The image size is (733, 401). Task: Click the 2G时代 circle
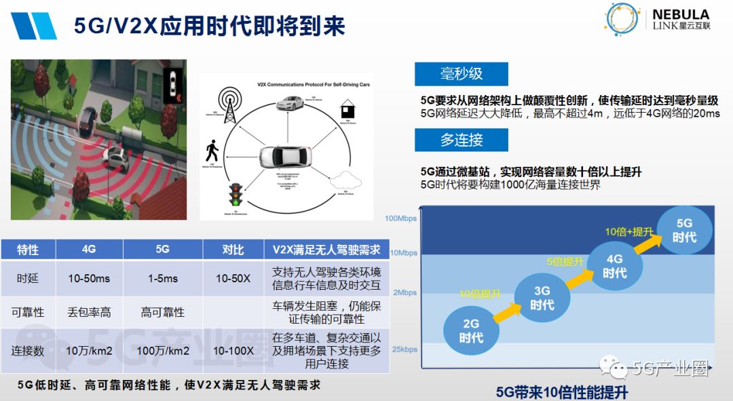coord(471,330)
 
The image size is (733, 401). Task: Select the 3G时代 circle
coord(542,298)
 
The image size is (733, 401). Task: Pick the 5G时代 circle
coord(684,230)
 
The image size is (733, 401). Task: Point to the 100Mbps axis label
coord(401,218)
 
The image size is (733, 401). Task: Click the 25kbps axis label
coord(404,349)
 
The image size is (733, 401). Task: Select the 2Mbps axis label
coord(405,292)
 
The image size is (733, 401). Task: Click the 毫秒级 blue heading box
coord(462,74)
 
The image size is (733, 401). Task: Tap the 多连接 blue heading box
coord(462,140)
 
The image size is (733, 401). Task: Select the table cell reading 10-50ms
coord(89,279)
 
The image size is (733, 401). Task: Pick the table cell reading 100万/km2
coord(163,351)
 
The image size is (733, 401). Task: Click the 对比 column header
coord(233,250)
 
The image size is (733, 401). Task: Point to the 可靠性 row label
coord(28,312)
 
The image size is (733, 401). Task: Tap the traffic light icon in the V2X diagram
coord(236,194)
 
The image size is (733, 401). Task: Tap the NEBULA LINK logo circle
coord(622,20)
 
